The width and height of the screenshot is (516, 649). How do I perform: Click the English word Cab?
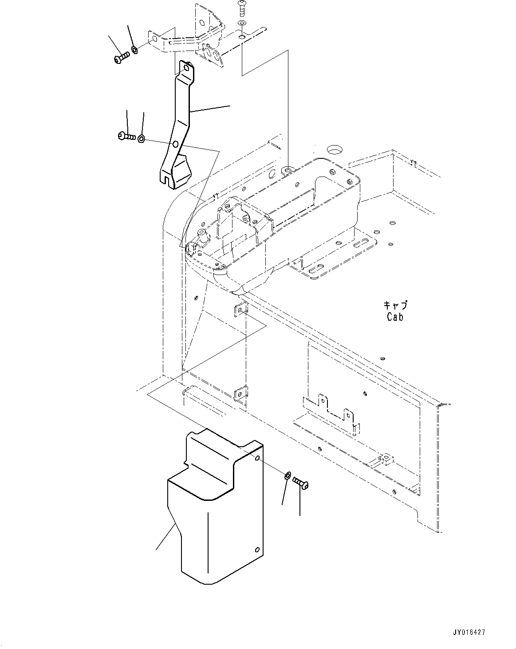click(x=394, y=317)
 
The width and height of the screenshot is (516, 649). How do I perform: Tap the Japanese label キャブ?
click(x=395, y=306)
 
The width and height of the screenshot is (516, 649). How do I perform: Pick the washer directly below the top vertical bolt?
click(x=241, y=23)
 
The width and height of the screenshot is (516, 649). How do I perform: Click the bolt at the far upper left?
click(x=120, y=58)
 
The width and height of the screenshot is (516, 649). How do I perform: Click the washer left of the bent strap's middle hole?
click(x=141, y=139)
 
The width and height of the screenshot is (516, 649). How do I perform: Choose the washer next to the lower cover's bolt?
click(x=288, y=476)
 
